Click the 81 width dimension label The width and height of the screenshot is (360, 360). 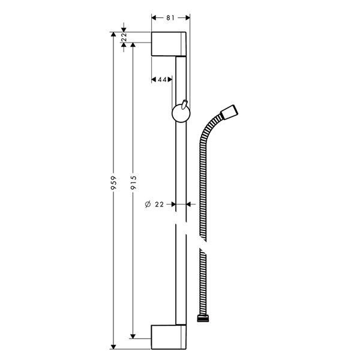click(170, 18)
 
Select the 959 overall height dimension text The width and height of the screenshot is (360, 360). click(114, 183)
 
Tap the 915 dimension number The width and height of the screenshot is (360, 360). click(133, 182)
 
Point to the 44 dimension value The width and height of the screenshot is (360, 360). click(162, 80)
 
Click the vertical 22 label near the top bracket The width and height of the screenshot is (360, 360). click(124, 37)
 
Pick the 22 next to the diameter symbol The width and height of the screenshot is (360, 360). click(160, 205)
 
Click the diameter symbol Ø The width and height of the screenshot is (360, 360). click(148, 204)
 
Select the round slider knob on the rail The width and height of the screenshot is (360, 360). click(181, 113)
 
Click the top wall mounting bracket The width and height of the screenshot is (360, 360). click(169, 44)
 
